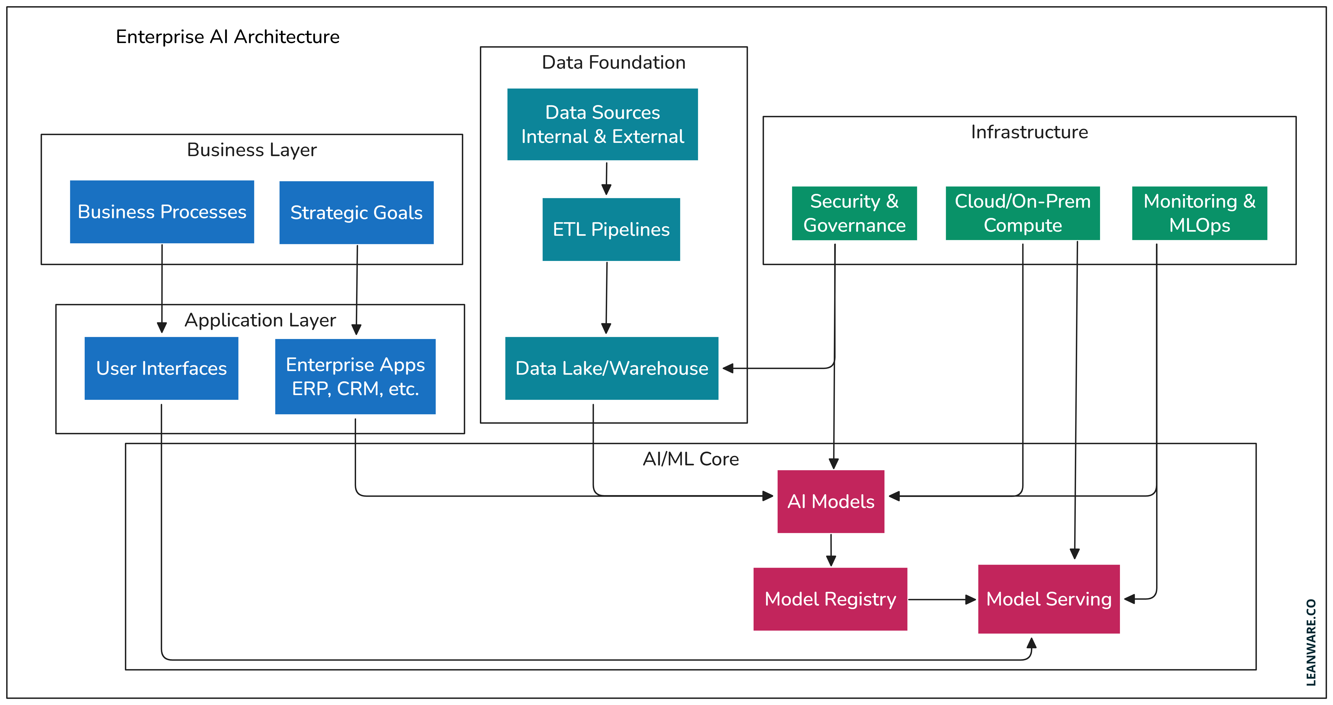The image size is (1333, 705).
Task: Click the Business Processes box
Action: coord(162,212)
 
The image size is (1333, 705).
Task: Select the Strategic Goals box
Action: coord(356,212)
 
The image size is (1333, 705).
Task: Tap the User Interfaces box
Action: coord(162,368)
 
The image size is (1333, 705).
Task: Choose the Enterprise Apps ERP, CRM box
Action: coord(355,376)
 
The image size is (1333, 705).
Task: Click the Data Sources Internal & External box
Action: coord(602,124)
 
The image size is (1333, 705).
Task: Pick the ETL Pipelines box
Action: coord(611,229)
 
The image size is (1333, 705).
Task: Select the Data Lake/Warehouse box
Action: coord(612,368)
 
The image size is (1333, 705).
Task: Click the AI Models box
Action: coord(830,501)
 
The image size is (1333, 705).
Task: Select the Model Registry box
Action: coord(830,599)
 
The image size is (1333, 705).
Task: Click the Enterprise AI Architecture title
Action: coord(228,37)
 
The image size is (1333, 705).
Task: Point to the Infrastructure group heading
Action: coord(1029,132)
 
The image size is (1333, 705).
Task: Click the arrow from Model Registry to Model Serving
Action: coord(942,599)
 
